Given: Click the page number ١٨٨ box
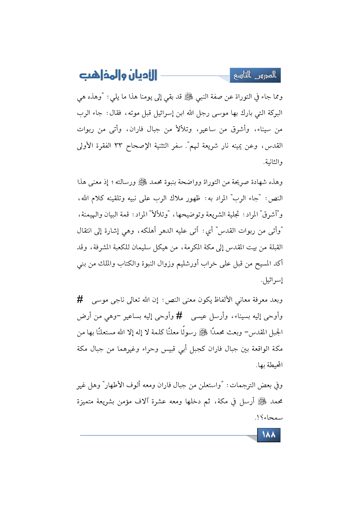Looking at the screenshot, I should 269,435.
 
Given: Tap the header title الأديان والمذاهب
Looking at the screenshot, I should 118,75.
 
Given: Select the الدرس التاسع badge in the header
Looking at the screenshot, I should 255,75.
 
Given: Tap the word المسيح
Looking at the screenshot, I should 262,264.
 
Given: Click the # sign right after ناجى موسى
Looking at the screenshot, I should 80,299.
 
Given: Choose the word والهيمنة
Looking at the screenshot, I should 90,215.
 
